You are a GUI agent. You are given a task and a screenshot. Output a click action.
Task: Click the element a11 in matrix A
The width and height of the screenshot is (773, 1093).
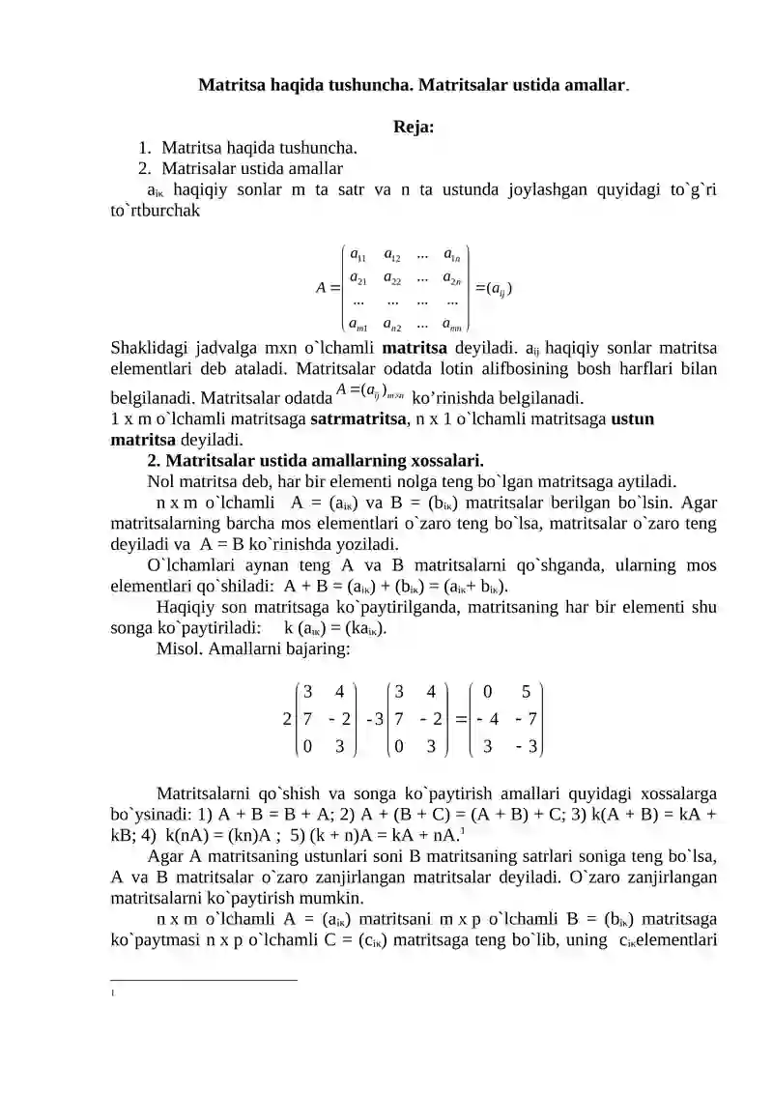coord(358,256)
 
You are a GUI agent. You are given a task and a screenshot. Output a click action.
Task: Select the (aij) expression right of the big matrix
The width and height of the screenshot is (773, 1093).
coord(494,288)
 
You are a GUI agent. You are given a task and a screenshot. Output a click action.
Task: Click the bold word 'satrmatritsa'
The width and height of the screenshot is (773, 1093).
coord(355,420)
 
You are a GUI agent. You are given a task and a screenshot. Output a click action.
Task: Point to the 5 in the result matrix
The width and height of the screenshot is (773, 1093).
coord(526,692)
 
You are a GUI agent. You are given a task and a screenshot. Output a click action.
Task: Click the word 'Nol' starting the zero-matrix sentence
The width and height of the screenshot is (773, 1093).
coord(161,480)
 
